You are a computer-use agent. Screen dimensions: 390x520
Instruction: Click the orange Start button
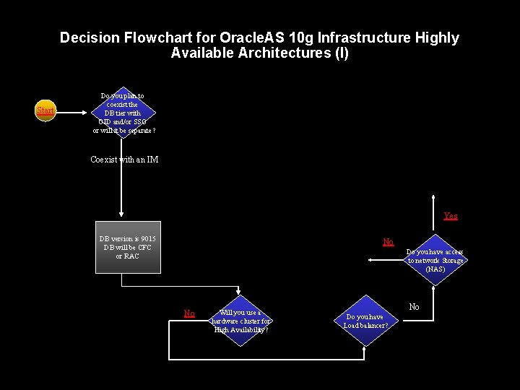(x=45, y=110)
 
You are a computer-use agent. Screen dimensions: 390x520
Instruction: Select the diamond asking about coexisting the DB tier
(x=123, y=113)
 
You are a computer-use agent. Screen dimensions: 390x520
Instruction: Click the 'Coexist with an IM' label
(x=124, y=160)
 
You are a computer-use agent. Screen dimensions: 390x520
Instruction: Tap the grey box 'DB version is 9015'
(x=128, y=247)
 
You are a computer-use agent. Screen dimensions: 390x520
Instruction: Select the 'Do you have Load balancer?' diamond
(x=365, y=321)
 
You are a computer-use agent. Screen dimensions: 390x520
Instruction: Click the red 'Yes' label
(x=450, y=216)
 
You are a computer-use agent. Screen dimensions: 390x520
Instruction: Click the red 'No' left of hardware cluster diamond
(x=189, y=313)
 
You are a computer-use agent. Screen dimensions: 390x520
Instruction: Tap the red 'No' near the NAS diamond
(x=389, y=242)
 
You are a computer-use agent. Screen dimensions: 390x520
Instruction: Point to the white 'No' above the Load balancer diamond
(x=414, y=307)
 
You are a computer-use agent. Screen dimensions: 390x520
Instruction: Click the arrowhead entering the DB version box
(x=121, y=214)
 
